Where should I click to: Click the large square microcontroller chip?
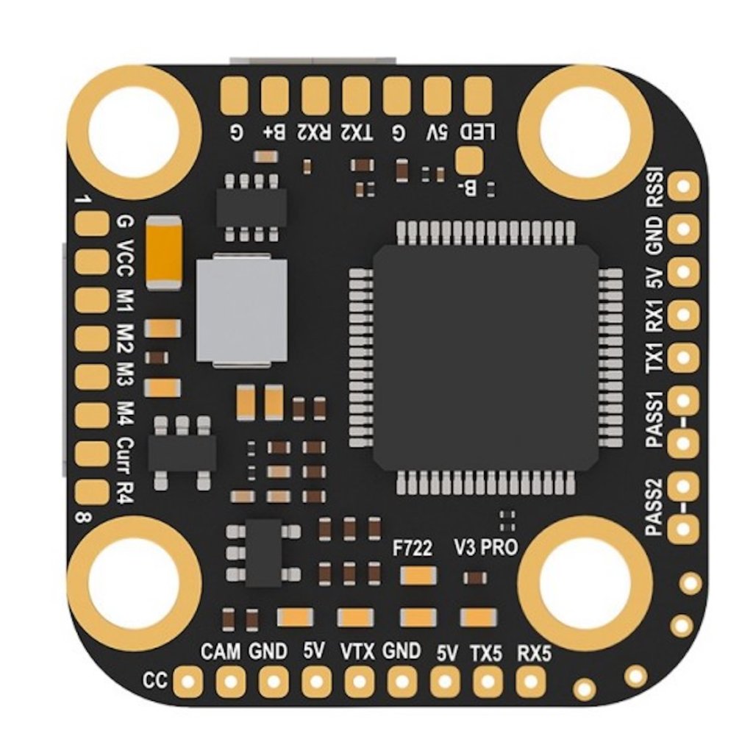pos(485,357)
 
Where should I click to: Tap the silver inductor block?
pos(241,309)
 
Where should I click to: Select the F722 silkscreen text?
pos(412,548)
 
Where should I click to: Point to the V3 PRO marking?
pos(486,548)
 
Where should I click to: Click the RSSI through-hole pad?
pos(685,187)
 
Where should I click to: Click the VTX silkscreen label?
pos(358,651)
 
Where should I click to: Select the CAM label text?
pos(221,651)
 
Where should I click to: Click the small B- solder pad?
pos(469,158)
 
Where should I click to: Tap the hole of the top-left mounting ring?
pos(133,132)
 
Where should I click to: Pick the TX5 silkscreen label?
pos(486,652)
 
